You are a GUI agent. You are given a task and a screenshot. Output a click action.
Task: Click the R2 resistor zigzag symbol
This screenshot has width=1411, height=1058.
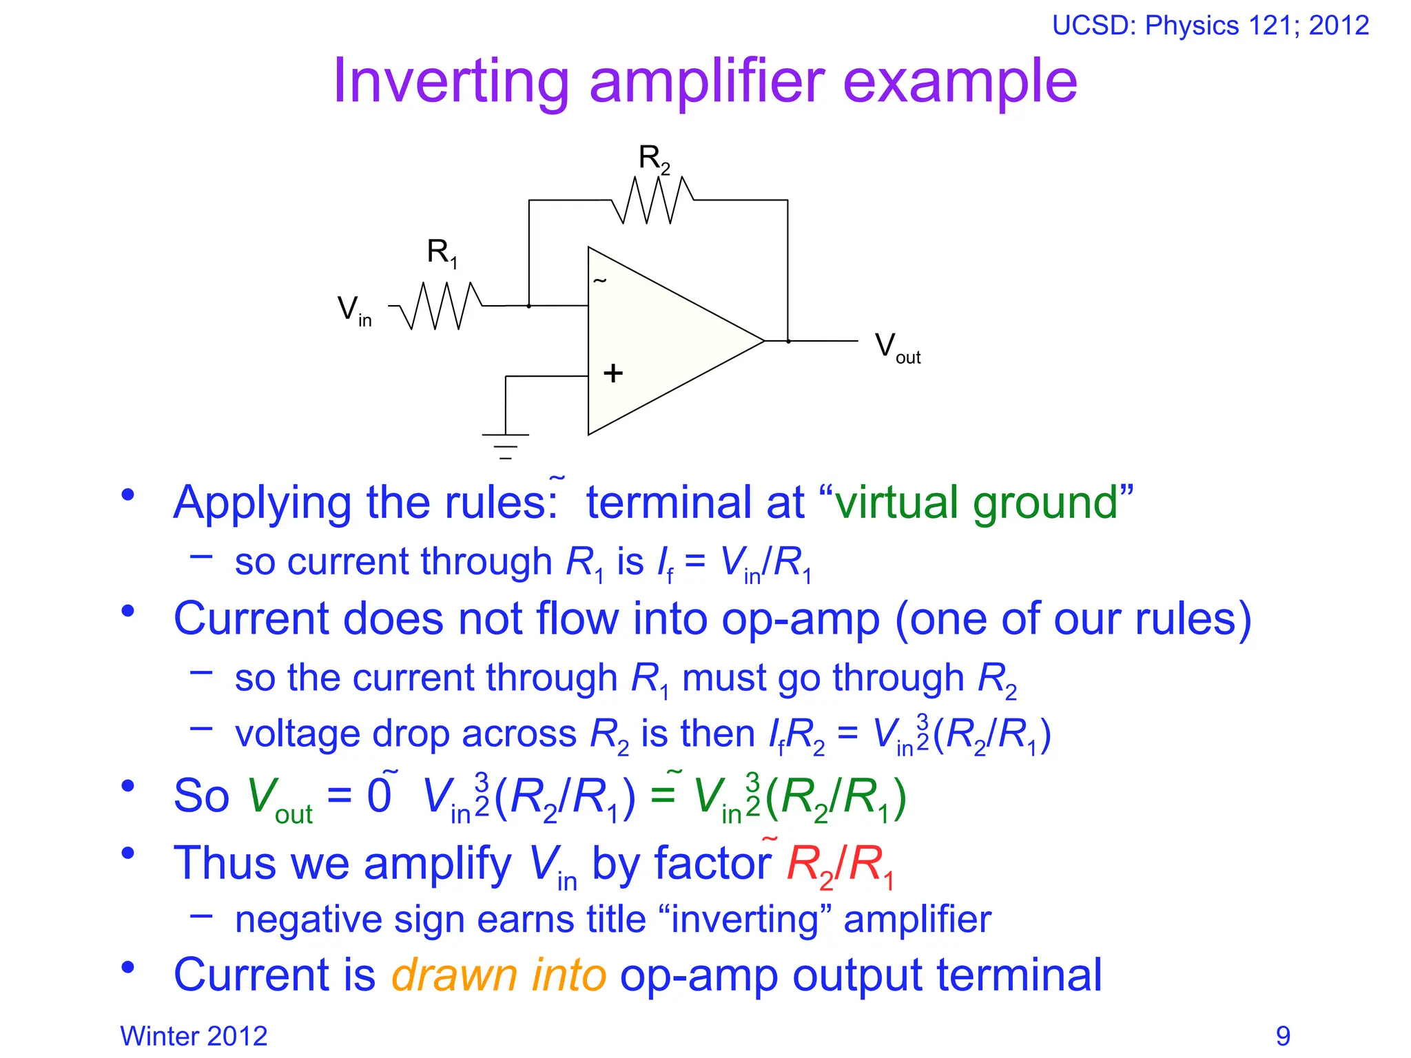pyautogui.click(x=652, y=200)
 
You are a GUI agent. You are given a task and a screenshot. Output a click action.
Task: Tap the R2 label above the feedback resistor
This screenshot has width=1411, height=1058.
pyautogui.click(x=653, y=159)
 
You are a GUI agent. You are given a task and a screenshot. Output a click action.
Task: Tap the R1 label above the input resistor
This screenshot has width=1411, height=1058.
pyautogui.click(x=442, y=253)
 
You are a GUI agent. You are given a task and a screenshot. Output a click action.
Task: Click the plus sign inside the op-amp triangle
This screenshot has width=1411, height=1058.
pyautogui.click(x=612, y=373)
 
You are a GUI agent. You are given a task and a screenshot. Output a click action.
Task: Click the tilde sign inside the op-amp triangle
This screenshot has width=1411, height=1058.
pyautogui.click(x=599, y=280)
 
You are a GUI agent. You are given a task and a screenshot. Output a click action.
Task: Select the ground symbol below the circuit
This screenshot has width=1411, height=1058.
pyautogui.click(x=505, y=445)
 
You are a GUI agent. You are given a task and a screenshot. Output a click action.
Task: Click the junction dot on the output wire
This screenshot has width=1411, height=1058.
pyautogui.click(x=788, y=341)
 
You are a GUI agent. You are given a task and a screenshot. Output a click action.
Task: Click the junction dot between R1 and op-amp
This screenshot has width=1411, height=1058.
pyautogui.click(x=528, y=306)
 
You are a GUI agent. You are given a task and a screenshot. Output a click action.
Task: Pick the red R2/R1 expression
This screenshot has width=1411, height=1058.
pyautogui.click(x=840, y=864)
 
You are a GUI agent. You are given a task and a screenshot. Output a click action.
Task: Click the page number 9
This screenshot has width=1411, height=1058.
pyautogui.click(x=1283, y=1036)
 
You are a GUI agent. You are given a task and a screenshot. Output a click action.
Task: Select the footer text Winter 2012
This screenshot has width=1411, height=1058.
pyautogui.click(x=194, y=1036)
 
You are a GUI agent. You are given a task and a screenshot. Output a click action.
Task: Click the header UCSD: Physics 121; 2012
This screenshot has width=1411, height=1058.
pyautogui.click(x=1210, y=25)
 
